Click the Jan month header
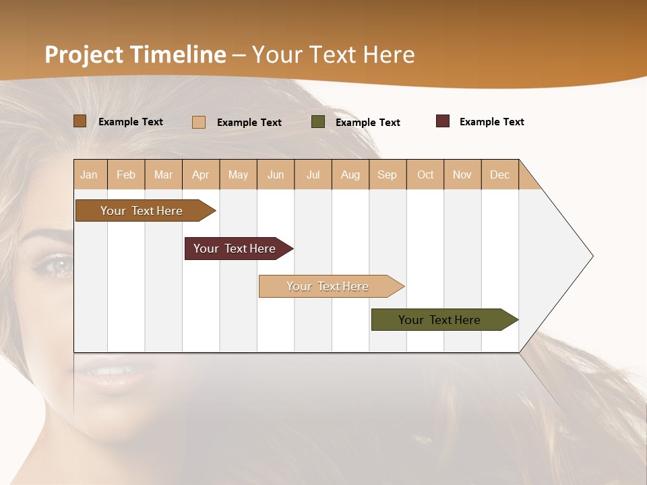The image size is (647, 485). click(90, 174)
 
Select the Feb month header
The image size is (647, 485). click(126, 174)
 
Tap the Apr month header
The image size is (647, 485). click(201, 174)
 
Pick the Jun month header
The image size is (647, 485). click(276, 174)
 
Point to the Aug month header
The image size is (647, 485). click(350, 174)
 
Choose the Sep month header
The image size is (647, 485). click(388, 174)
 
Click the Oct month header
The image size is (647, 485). click(425, 174)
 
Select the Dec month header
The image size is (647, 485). click(500, 174)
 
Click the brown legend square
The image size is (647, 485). click(80, 121)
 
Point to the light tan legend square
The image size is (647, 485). click(199, 122)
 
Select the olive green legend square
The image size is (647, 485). click(318, 122)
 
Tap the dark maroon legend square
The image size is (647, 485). click(443, 121)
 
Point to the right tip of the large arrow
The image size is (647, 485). click(591, 256)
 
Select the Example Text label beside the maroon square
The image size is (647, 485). click(491, 121)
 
